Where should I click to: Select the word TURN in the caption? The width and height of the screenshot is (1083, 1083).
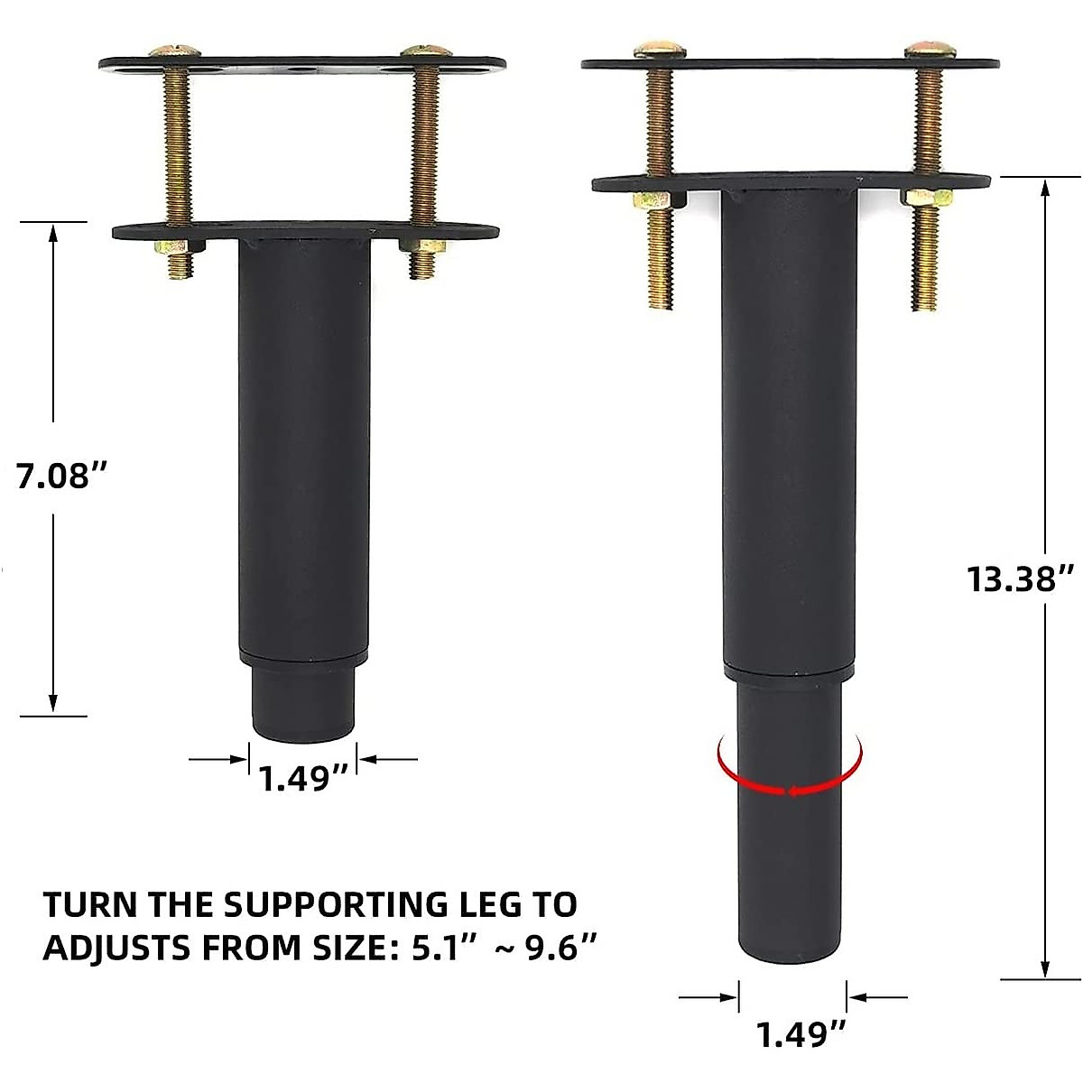pos(91,904)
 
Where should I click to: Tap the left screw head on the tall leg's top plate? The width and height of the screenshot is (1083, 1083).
pos(656,51)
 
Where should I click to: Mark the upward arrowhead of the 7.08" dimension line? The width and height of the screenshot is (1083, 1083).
pos(53,233)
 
